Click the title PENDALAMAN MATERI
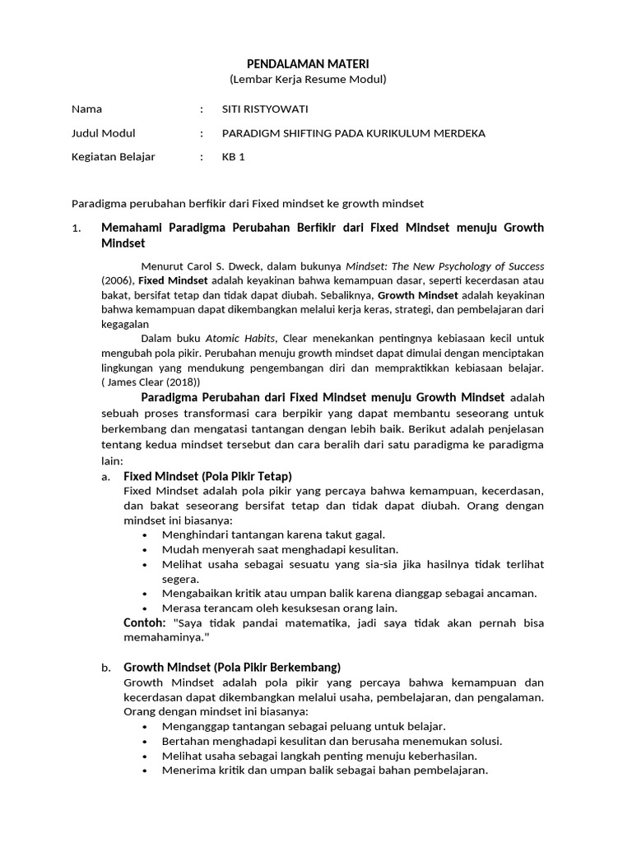pos(307,64)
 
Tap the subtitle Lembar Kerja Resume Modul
pos(307,80)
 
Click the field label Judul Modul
pos(104,133)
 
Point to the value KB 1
pos(234,157)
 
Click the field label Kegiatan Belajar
pos(114,157)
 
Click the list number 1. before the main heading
pos(77,228)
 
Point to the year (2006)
pos(118,280)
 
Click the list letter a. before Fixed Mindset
pos(106,476)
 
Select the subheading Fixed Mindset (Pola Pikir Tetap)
pos(207,476)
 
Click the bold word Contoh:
pos(145,622)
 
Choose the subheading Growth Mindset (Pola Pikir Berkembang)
pos(232,667)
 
